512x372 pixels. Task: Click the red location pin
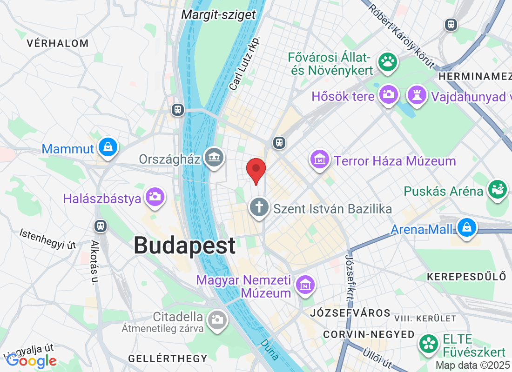point(256,170)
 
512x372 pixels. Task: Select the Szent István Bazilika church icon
point(258,207)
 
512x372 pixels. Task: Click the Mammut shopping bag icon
point(108,147)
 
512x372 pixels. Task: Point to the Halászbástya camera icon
point(155,196)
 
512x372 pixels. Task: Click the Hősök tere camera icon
point(388,94)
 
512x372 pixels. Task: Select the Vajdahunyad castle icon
point(417,95)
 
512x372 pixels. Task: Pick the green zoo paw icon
point(387,61)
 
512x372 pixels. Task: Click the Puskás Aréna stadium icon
point(497,189)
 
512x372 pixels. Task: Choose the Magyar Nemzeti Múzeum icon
point(305,284)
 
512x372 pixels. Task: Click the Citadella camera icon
point(216,319)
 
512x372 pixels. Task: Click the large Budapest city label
point(184,246)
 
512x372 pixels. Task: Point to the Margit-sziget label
point(218,15)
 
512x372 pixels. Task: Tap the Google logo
point(31,360)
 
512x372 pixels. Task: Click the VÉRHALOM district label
point(57,44)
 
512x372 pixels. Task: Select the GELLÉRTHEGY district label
point(168,359)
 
